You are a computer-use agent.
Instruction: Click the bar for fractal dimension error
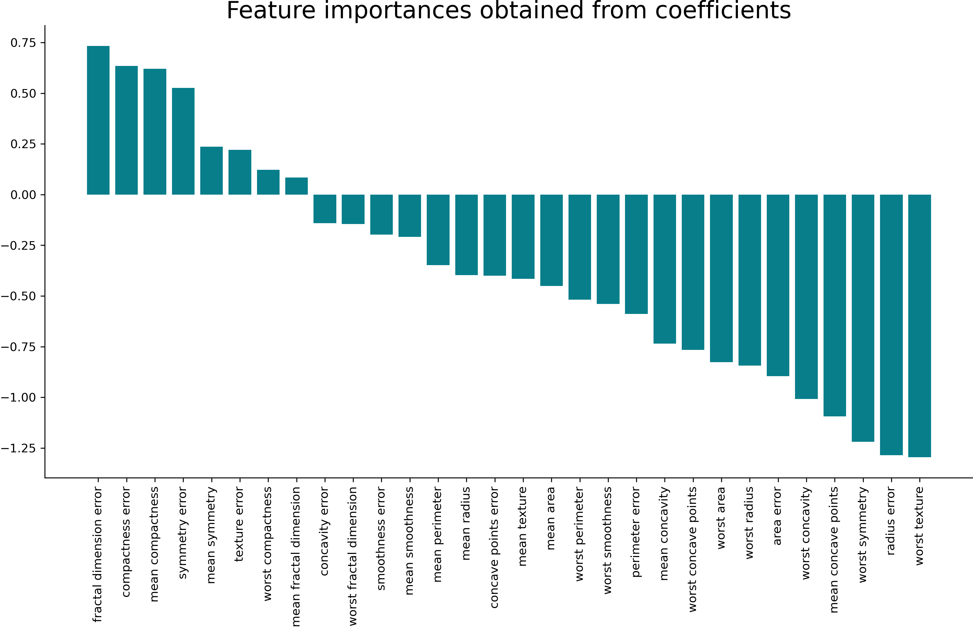[x=98, y=120]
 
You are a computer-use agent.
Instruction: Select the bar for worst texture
[x=919, y=326]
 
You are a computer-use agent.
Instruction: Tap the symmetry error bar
[x=183, y=141]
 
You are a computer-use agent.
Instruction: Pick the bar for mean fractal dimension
[x=296, y=186]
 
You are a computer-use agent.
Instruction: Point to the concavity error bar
[x=325, y=209]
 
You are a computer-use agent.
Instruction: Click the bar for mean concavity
[x=665, y=269]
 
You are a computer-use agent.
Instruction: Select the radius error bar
[x=891, y=324]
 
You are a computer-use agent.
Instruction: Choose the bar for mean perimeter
[x=438, y=230]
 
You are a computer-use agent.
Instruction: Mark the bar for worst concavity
[x=806, y=297]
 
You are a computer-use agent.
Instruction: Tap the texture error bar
[x=240, y=172]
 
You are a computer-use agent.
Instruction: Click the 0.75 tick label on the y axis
[x=23, y=43]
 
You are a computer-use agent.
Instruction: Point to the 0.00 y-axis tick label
[x=23, y=195]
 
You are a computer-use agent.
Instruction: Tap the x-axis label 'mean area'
[x=551, y=518]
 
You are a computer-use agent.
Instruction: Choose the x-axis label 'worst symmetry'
[x=863, y=535]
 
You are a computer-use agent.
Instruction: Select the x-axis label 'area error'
[x=778, y=516]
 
